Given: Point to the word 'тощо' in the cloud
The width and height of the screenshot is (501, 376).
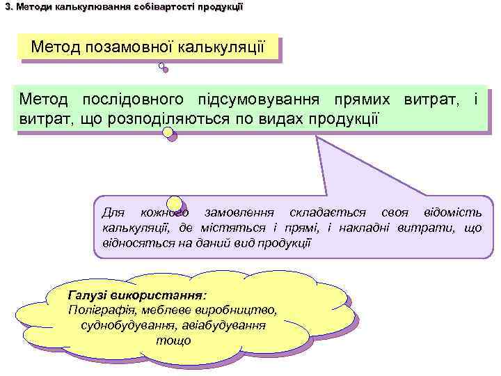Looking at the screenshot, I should tap(173, 341).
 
